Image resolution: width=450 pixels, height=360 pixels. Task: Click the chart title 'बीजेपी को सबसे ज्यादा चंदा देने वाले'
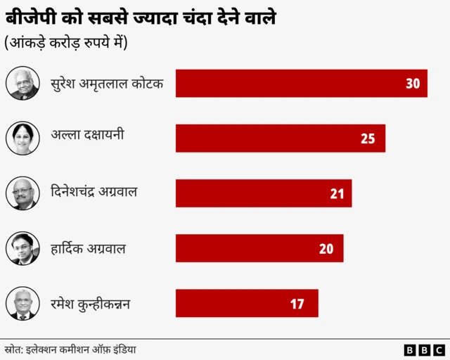tap(141, 18)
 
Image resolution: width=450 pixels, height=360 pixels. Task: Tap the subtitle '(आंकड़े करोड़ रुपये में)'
tap(66, 43)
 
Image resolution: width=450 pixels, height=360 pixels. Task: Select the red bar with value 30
tap(301, 83)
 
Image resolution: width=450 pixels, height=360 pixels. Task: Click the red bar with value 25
tap(280, 138)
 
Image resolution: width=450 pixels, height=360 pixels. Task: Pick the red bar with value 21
tap(263, 193)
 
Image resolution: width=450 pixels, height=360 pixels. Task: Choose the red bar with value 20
tap(259, 248)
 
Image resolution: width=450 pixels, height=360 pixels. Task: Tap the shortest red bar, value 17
tap(246, 304)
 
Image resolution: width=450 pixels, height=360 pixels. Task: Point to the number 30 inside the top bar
tap(413, 84)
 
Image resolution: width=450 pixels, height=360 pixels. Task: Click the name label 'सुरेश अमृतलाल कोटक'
tap(108, 84)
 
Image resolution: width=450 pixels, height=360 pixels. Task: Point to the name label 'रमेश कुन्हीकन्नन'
tap(91, 304)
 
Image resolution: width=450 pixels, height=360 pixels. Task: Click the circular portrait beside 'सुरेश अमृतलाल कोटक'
tap(22, 83)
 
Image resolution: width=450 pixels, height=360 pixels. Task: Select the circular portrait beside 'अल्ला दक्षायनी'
tap(22, 138)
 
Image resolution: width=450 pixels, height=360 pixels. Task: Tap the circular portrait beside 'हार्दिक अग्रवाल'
tap(22, 248)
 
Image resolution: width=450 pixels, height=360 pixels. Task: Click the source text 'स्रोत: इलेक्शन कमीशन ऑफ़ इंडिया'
tap(70, 349)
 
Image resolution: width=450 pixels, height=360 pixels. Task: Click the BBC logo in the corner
tap(424, 349)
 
